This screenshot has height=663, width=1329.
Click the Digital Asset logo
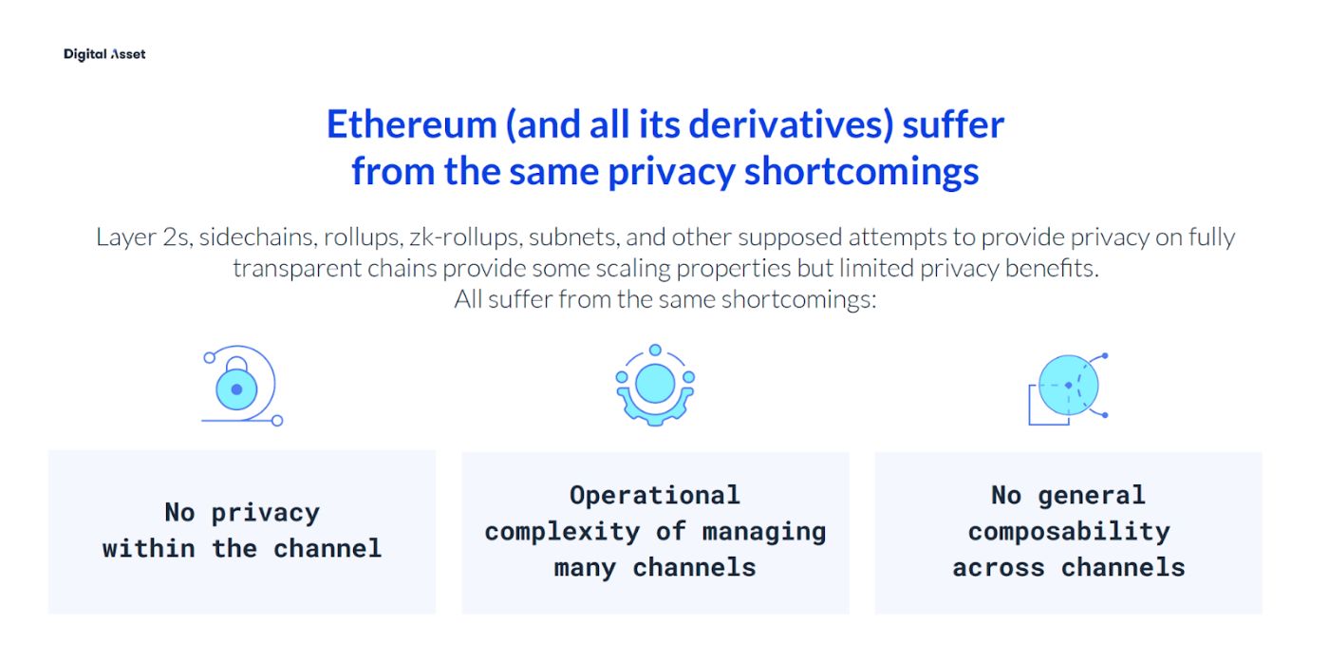coord(104,54)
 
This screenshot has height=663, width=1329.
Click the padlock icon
coord(237,385)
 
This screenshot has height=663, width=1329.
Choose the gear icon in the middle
coord(655,385)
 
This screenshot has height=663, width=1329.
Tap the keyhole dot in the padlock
coord(237,389)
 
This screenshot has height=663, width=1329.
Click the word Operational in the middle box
coord(654,495)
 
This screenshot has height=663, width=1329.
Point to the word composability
coord(1068,531)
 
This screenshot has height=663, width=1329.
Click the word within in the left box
coord(149,548)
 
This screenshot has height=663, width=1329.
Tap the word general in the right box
coord(1091,495)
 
